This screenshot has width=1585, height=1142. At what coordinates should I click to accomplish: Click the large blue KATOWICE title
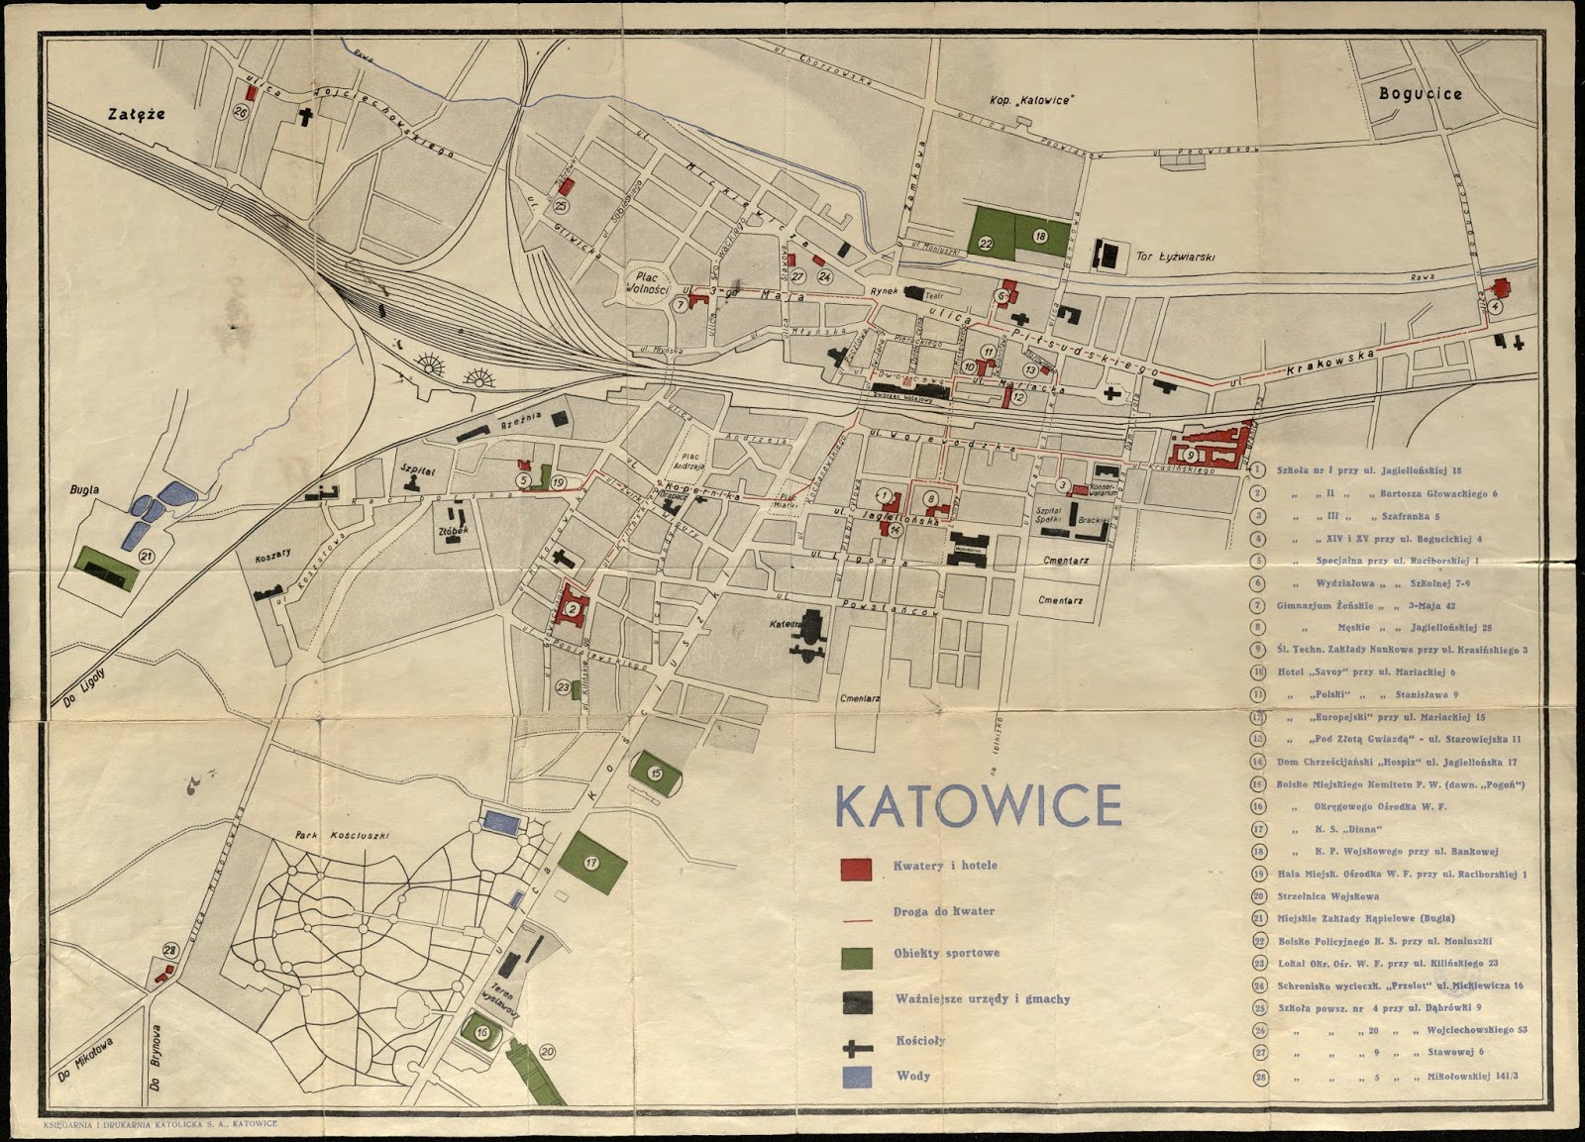point(978,805)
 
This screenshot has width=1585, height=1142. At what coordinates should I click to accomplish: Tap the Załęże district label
point(137,114)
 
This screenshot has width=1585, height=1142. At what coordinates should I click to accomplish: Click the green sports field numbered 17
point(592,863)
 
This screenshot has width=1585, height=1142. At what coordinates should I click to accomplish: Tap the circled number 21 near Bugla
point(148,556)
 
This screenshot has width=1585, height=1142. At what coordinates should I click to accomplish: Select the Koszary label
point(271,555)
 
